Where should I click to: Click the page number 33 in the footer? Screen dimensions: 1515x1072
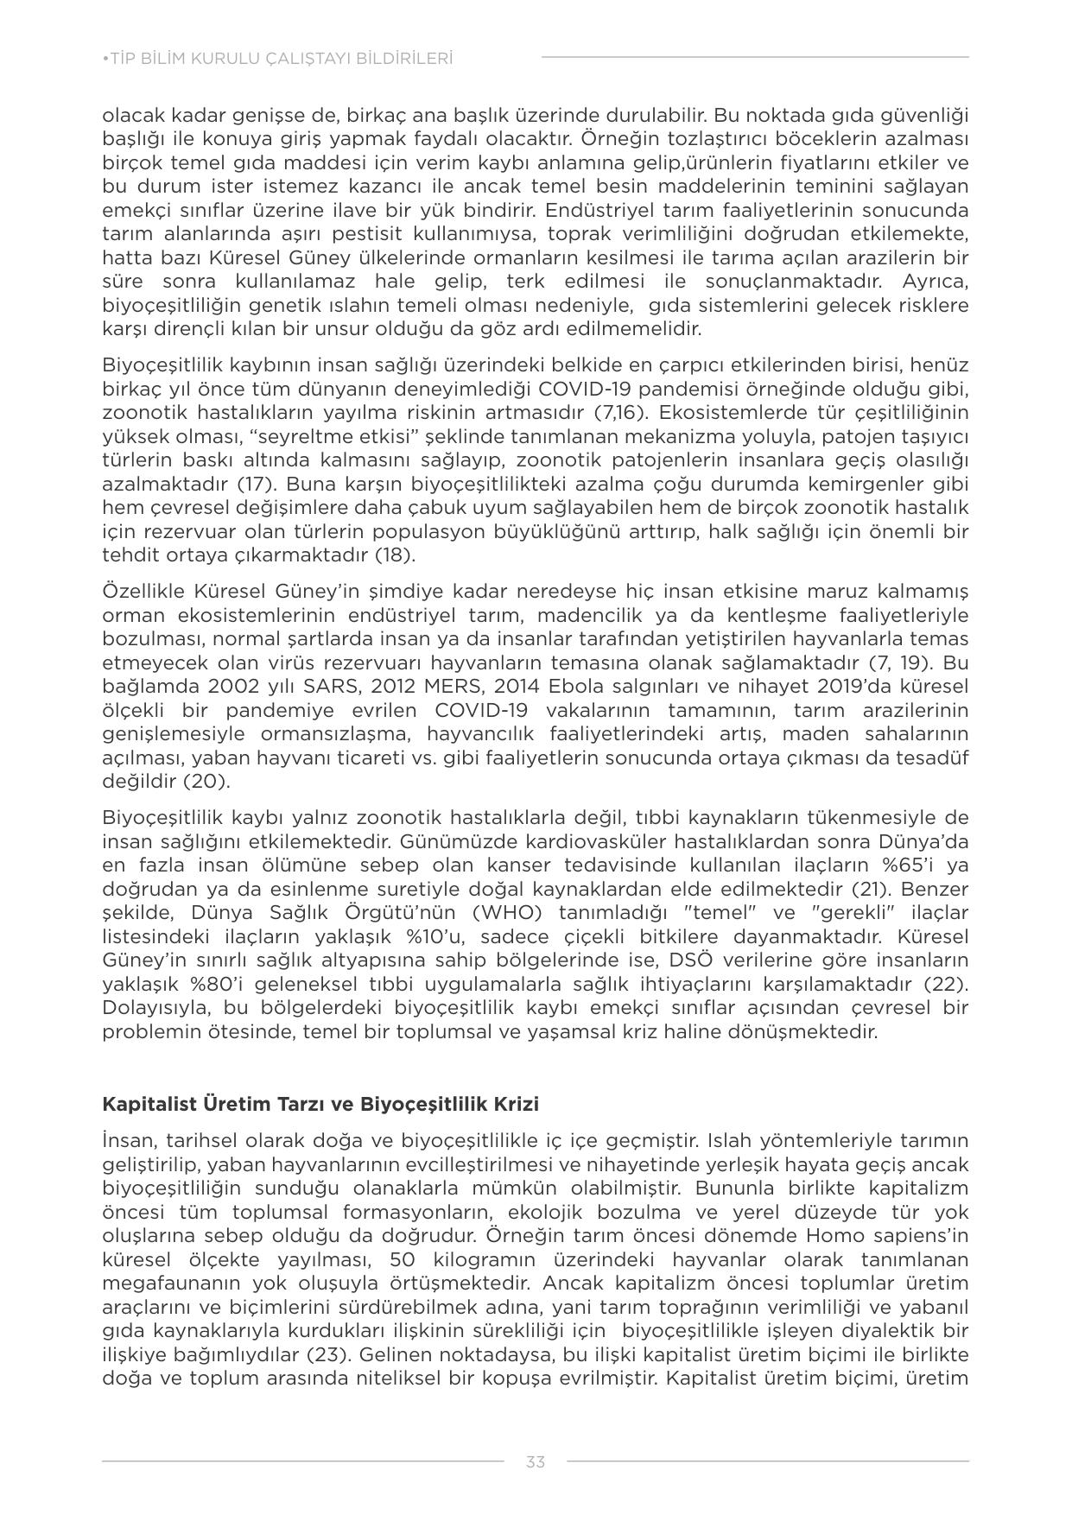pyautogui.click(x=535, y=1461)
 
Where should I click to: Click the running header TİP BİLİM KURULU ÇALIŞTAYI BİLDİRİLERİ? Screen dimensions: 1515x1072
pyautogui.click(x=277, y=59)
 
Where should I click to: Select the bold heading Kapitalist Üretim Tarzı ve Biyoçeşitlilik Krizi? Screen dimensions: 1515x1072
pyautogui.click(x=320, y=1104)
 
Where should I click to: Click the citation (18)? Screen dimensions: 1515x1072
pyautogui.click(x=395, y=555)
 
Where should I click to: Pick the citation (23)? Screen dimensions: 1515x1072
pyautogui.click(x=327, y=1353)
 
